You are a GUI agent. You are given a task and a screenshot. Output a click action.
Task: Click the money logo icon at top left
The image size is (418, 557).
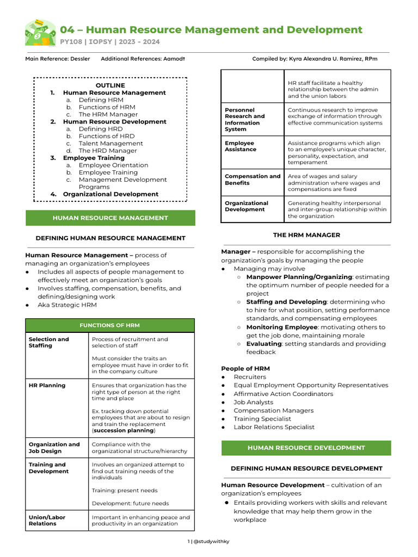pos(40,33)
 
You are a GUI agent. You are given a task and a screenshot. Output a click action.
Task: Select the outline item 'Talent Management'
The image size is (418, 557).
pos(110,144)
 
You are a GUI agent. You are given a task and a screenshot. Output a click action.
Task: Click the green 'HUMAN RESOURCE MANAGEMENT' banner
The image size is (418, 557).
pos(110,218)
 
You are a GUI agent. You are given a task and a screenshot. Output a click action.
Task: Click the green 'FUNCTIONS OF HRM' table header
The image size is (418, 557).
pos(110,325)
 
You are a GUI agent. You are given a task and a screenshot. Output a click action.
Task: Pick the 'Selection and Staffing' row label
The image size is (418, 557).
pos(49,342)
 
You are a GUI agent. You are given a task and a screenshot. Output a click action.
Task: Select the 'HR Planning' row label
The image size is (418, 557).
pos(47,385)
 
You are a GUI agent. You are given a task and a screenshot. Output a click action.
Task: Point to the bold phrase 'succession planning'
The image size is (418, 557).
pos(124,430)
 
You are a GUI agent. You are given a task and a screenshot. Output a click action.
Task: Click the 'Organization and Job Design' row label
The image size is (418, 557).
pos(54,448)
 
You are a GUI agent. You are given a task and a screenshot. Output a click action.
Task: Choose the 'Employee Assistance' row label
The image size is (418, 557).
pos(240,146)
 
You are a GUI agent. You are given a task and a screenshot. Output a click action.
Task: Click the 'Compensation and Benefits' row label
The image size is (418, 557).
pos(253,180)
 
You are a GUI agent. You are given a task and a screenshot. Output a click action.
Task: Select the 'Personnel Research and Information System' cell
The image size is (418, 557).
pos(245,120)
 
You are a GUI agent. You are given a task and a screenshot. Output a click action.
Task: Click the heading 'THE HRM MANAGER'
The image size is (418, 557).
pos(306,235)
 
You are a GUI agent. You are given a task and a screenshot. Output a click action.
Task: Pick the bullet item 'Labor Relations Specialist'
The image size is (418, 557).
pos(274,427)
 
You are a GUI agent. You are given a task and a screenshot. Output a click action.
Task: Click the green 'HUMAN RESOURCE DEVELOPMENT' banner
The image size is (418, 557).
pos(306,448)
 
